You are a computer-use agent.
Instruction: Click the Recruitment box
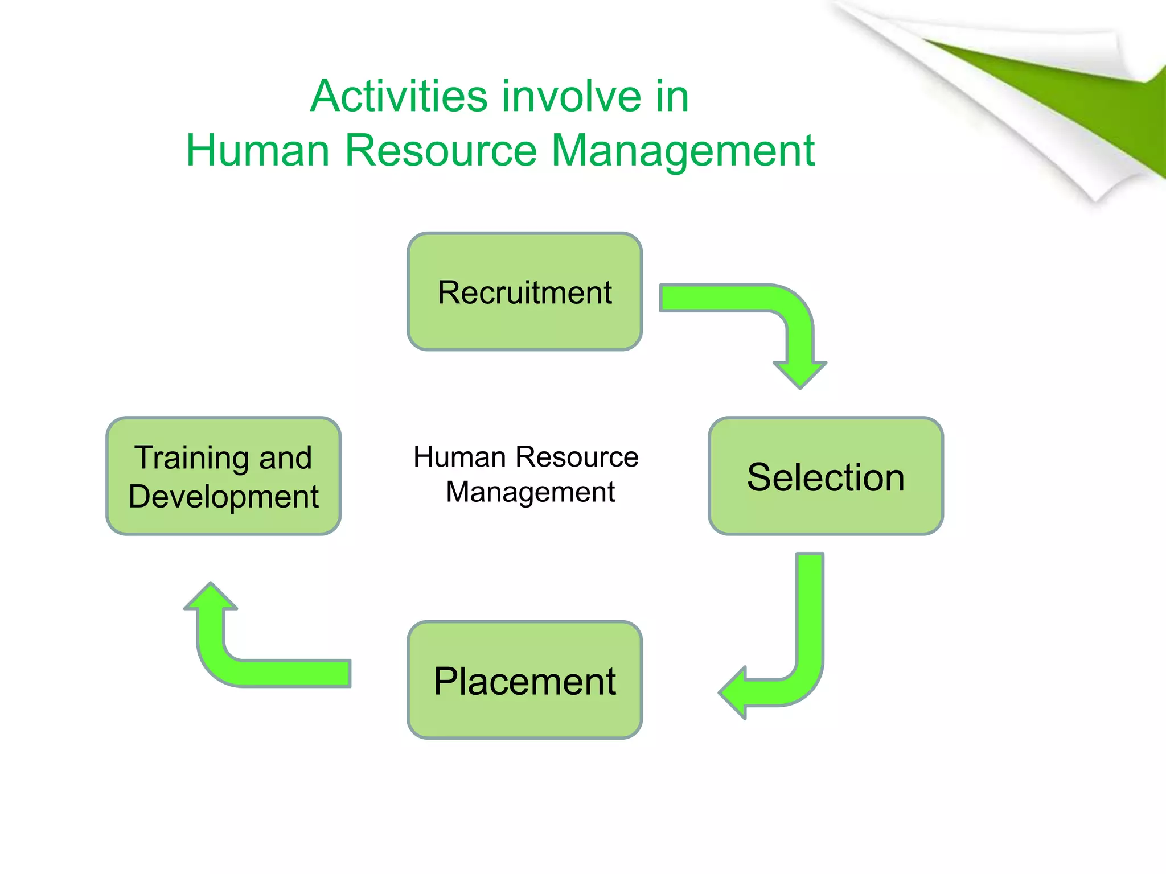coord(524,291)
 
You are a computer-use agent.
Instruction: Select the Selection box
coord(826,476)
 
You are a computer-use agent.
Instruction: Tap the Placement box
coord(524,680)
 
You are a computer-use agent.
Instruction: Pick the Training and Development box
coord(223,476)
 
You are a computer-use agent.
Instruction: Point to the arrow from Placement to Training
coord(256,671)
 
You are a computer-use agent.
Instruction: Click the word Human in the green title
coord(258,150)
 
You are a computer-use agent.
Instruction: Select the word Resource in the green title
coord(441,150)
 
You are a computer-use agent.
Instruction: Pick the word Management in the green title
coord(683,150)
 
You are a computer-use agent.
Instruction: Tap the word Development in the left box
coord(223,497)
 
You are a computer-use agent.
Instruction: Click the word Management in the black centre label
coord(530,492)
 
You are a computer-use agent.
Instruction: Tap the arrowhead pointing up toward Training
coord(211,597)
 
